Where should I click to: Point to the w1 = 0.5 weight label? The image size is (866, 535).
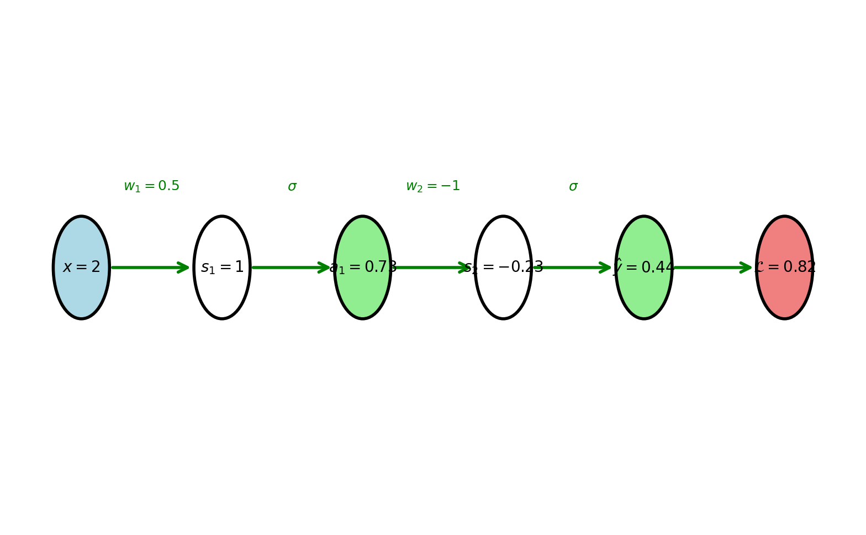(151, 186)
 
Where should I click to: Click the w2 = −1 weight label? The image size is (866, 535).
(433, 186)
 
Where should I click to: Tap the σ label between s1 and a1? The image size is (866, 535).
(292, 187)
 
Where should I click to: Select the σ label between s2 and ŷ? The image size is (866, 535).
(573, 187)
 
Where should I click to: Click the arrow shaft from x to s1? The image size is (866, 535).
(146, 267)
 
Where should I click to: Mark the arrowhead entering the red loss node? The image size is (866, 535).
(747, 267)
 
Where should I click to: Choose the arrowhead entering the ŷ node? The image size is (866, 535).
(606, 267)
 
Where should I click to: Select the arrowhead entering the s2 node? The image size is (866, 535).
(466, 267)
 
